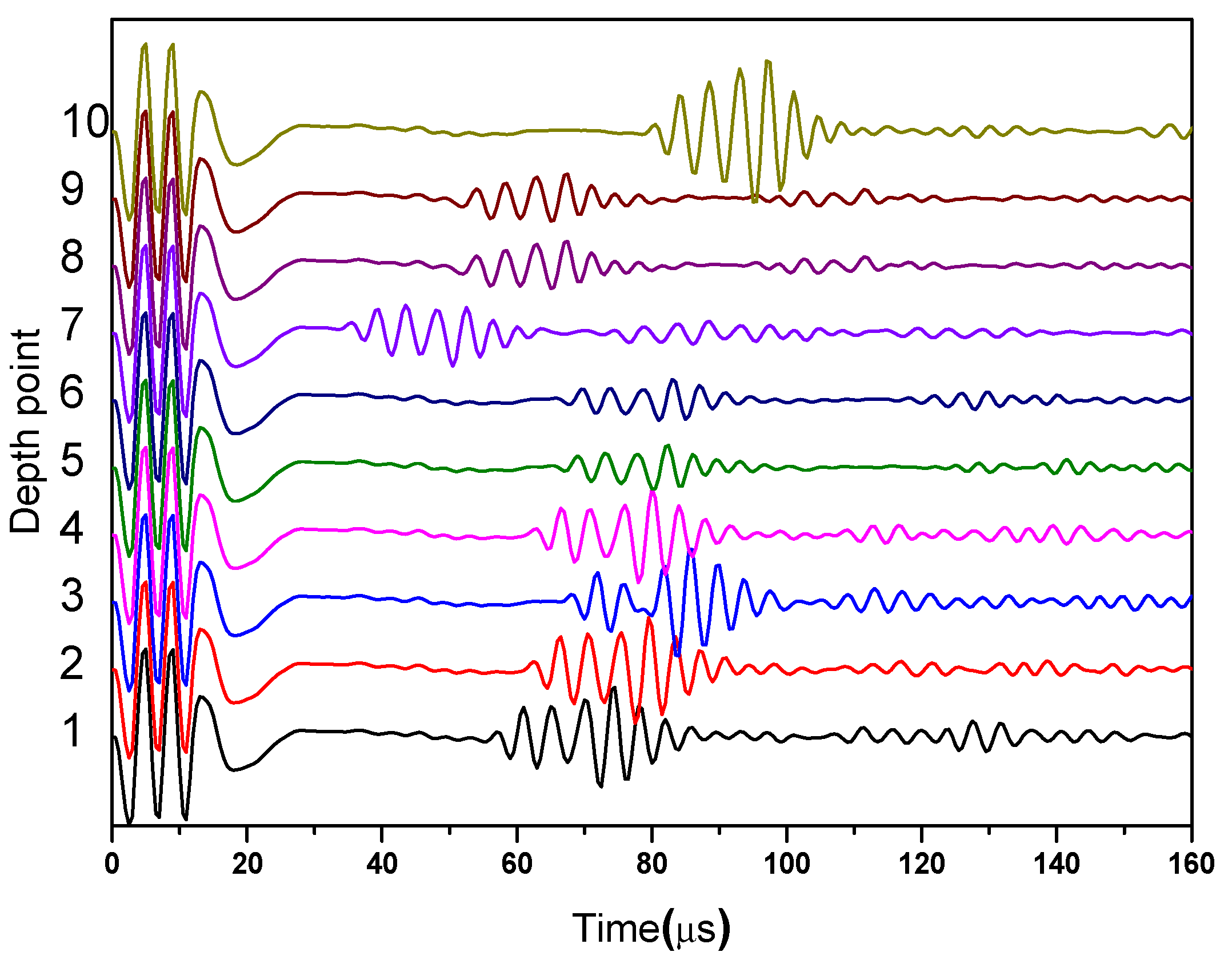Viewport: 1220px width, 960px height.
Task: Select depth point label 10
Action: click(x=85, y=122)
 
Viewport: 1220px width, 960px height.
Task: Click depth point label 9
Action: click(x=72, y=189)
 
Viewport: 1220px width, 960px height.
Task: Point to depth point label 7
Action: click(x=72, y=324)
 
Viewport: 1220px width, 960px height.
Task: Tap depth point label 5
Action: click(x=72, y=459)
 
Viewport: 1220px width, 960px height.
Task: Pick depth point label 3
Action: click(x=72, y=595)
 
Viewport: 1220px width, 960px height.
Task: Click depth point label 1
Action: click(x=72, y=730)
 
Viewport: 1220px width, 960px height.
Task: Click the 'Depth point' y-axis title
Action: click(x=26, y=431)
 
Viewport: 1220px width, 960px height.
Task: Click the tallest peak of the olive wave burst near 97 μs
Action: click(x=767, y=62)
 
